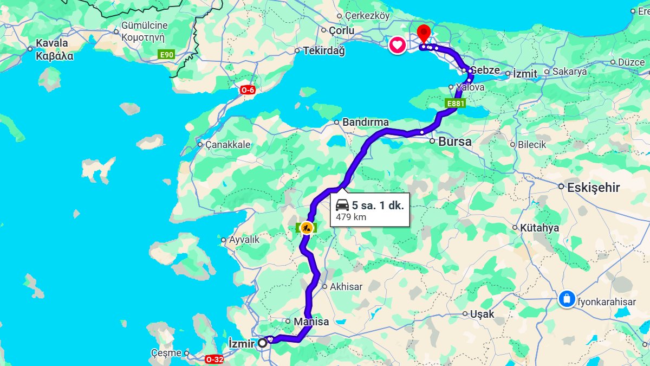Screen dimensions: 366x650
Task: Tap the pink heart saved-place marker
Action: (x=397, y=45)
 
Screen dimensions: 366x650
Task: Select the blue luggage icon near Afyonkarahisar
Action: (x=567, y=299)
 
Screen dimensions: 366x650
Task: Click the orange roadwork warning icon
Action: (x=306, y=228)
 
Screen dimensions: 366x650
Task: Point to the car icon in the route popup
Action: (x=342, y=205)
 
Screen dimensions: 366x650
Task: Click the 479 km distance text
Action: (x=351, y=217)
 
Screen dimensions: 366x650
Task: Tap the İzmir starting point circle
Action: (x=263, y=343)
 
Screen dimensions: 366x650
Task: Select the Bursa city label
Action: (x=455, y=142)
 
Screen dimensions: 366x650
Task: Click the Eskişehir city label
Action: (x=593, y=188)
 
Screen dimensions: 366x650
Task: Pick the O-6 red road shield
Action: (x=248, y=90)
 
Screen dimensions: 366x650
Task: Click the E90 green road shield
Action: (x=166, y=54)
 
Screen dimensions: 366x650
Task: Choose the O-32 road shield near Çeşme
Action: (x=214, y=359)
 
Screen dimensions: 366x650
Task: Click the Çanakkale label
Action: (x=228, y=145)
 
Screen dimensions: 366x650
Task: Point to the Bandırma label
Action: (x=365, y=123)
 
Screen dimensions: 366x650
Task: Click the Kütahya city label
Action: (x=539, y=228)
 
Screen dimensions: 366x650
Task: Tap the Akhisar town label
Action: (x=346, y=287)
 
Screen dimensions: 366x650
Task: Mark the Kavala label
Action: (x=52, y=43)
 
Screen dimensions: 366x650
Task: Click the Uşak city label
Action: (x=482, y=314)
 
